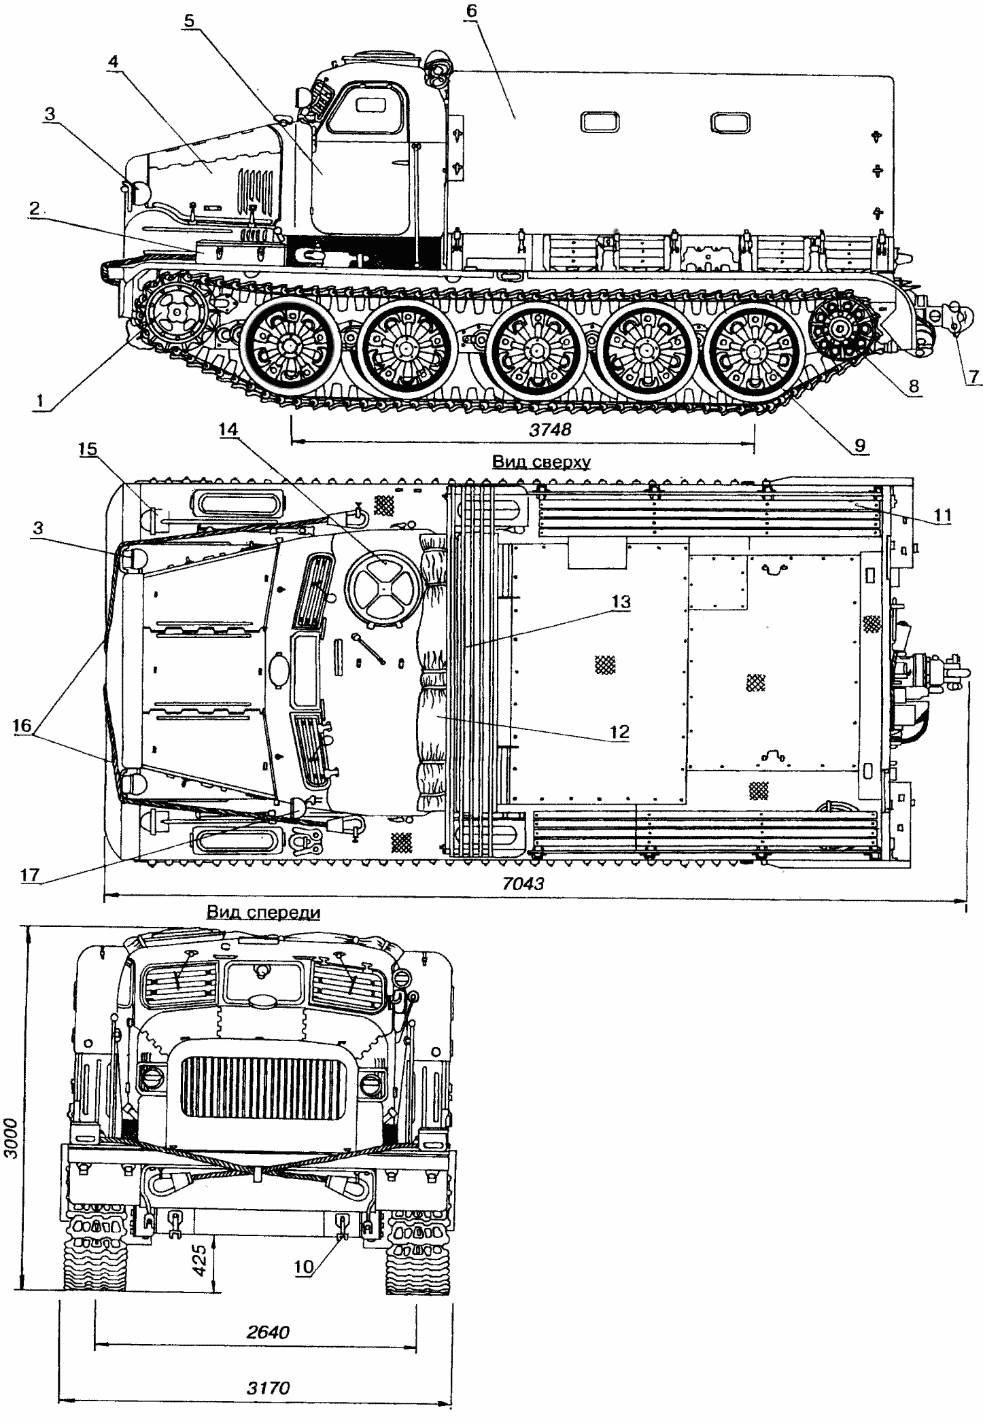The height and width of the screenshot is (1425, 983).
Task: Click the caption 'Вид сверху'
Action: pyautogui.click(x=541, y=463)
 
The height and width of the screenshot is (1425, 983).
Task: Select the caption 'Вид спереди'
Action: pyautogui.click(x=263, y=912)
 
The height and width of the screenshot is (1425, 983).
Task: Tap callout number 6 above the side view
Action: pyautogui.click(x=472, y=12)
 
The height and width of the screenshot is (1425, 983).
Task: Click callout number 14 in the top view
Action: pyautogui.click(x=229, y=429)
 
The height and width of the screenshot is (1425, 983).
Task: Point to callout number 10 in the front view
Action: pyautogui.click(x=303, y=1266)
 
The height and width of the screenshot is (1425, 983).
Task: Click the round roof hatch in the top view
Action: pyautogui.click(x=383, y=587)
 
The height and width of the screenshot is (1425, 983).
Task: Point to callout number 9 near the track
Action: pyautogui.click(x=860, y=445)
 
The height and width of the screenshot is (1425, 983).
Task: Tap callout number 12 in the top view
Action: pyautogui.click(x=619, y=733)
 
